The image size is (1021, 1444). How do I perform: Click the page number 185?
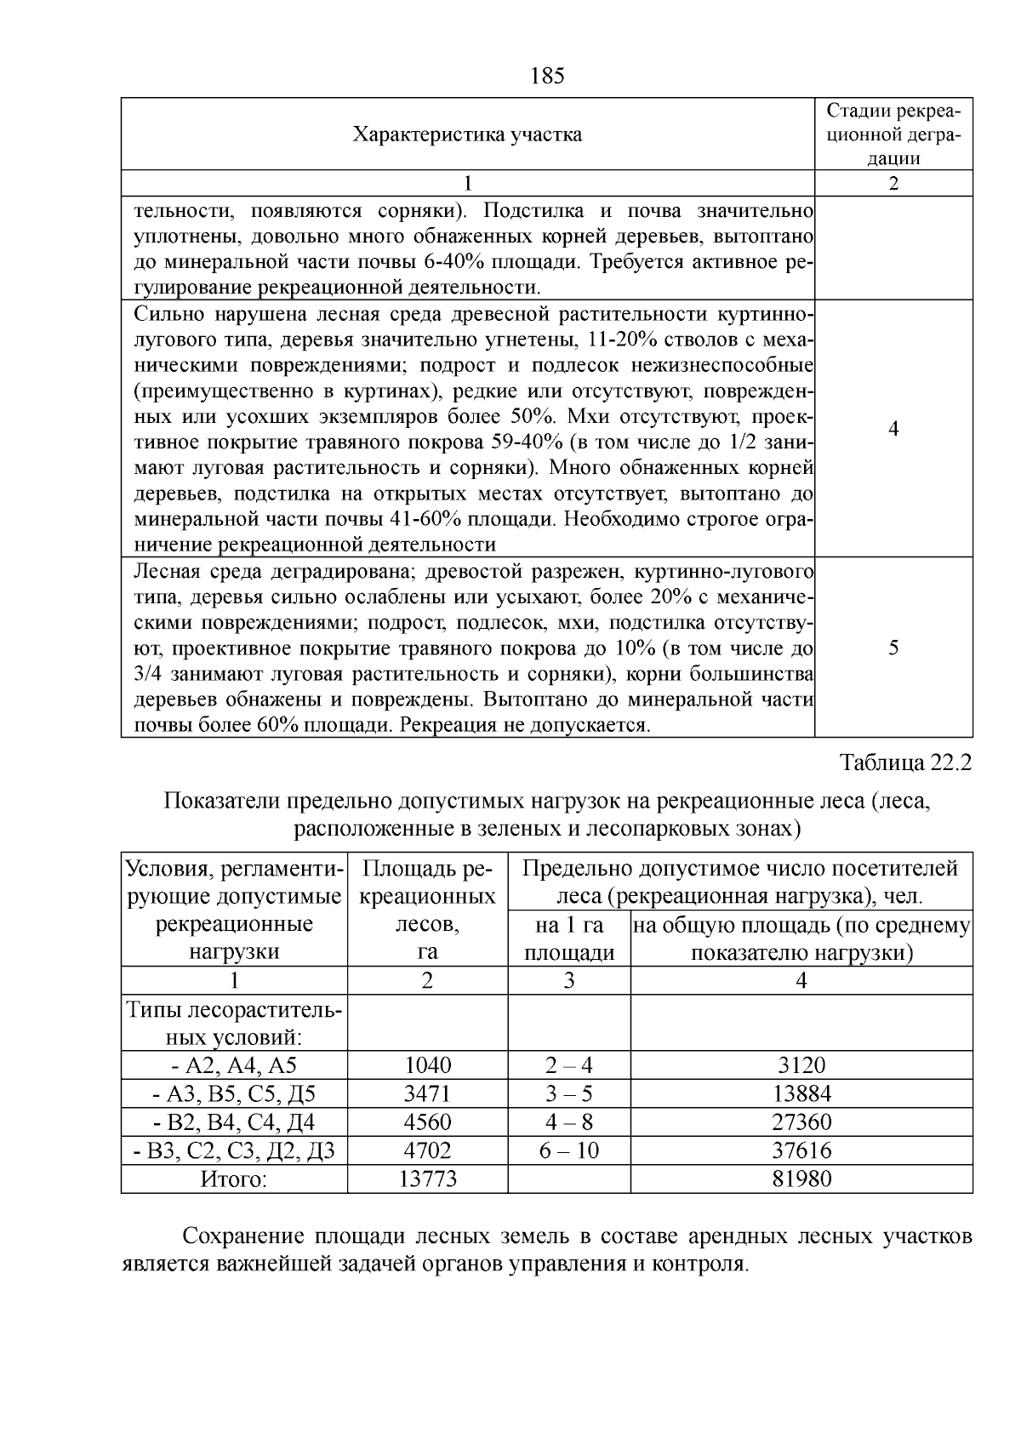point(547,77)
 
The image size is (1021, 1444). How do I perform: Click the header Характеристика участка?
point(467,134)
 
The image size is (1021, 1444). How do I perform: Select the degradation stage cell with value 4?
point(893,429)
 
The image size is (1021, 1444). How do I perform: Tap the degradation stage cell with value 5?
point(893,648)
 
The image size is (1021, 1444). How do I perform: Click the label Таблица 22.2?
point(904,762)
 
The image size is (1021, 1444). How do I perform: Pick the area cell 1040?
point(428,1065)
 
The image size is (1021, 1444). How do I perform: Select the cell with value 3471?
point(428,1093)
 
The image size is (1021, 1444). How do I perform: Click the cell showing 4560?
point(428,1122)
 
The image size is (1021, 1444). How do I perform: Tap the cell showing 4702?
point(428,1150)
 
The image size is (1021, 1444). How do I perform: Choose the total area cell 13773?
point(428,1179)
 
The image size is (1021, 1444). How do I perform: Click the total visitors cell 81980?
point(801,1179)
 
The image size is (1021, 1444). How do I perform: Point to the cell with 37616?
point(801,1150)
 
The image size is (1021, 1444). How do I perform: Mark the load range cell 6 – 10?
point(569,1150)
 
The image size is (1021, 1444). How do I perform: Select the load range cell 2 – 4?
point(569,1065)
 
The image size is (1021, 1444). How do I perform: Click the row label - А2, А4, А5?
point(234,1065)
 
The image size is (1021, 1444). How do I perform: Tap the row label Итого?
point(234,1179)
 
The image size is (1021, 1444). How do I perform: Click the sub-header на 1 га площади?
point(569,939)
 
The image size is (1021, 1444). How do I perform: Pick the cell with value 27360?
point(801,1122)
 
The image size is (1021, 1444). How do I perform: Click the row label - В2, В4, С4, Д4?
point(234,1122)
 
